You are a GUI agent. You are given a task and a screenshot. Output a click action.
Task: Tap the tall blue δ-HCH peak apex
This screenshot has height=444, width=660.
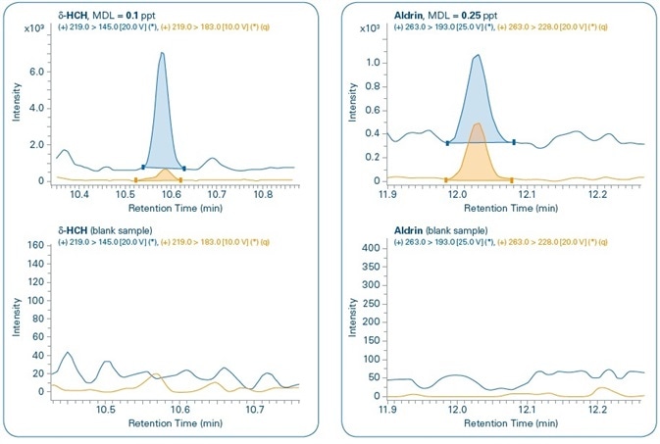[162, 54]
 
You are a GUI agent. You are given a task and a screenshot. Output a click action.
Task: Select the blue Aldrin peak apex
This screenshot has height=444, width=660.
[477, 56]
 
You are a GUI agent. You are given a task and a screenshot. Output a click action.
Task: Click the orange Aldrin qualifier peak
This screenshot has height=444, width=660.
[478, 124]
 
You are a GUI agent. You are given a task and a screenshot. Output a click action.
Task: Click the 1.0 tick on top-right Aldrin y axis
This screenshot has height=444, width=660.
[373, 62]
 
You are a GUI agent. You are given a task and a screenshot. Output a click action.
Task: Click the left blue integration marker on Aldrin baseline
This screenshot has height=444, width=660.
[448, 143]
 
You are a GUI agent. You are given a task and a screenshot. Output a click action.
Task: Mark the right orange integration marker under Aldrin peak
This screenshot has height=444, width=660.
[512, 179]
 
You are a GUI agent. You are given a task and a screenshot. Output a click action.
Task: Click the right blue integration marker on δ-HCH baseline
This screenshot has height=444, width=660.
[183, 169]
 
